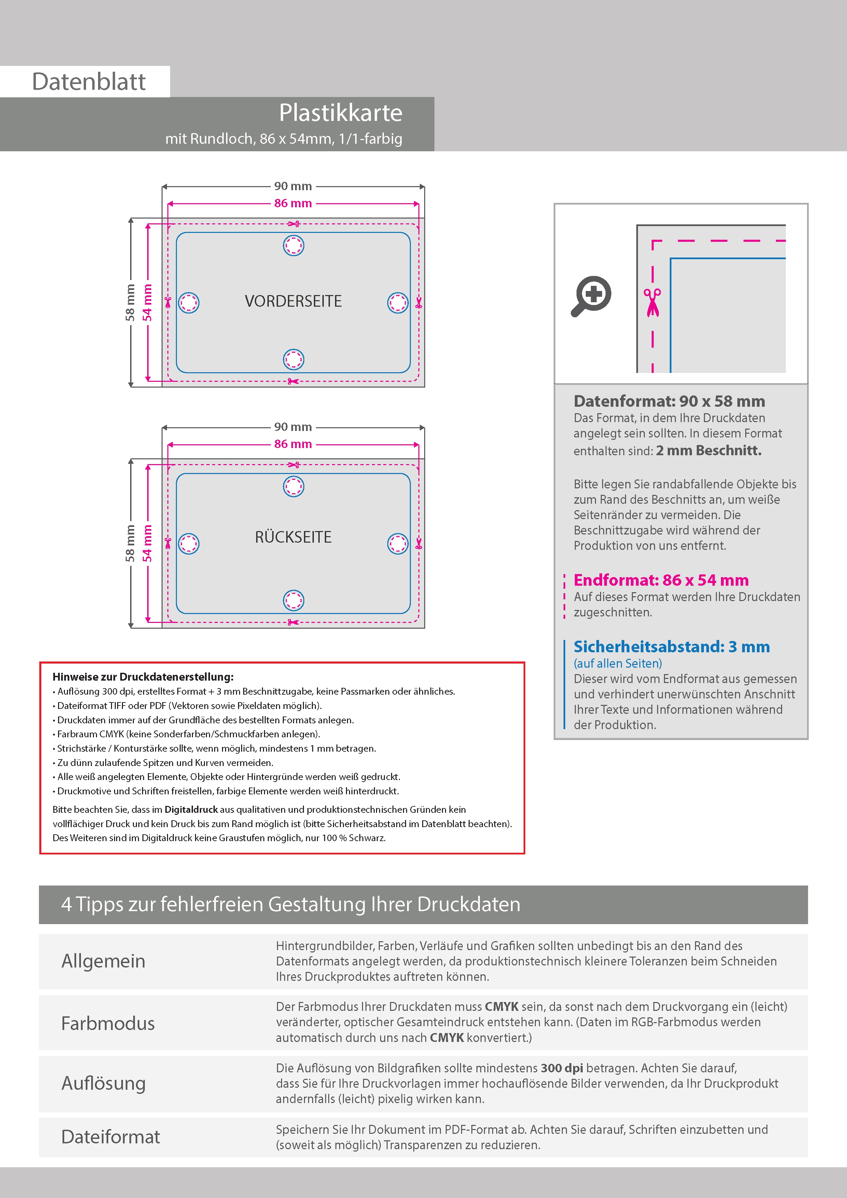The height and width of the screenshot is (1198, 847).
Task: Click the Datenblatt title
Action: click(x=89, y=82)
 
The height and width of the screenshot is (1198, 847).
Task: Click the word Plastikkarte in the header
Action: click(x=340, y=113)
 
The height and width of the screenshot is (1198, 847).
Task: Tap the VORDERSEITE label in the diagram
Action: click(x=293, y=301)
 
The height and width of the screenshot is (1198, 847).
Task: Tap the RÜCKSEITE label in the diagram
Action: click(x=293, y=537)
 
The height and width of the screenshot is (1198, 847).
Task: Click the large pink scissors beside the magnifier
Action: click(x=652, y=302)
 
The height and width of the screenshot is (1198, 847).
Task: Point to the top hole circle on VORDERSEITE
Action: click(x=293, y=245)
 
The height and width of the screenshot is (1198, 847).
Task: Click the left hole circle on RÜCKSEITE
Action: click(x=189, y=544)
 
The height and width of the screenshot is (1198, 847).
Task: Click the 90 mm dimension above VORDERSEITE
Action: click(x=293, y=186)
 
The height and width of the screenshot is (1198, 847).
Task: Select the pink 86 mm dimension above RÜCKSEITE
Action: click(x=293, y=444)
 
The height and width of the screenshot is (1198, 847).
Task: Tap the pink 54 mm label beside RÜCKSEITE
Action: click(x=148, y=543)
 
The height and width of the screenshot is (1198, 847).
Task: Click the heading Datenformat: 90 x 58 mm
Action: click(x=669, y=401)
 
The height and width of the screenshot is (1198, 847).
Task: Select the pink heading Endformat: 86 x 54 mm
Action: click(x=661, y=580)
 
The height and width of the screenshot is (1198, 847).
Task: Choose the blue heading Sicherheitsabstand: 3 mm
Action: click(x=671, y=647)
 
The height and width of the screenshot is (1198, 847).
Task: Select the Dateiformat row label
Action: click(x=111, y=1137)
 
